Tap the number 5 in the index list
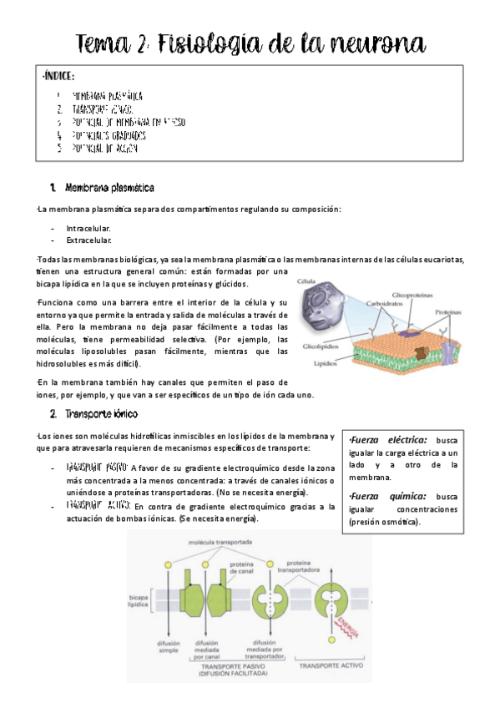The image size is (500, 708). coord(59,149)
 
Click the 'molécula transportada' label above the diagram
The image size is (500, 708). coord(221,543)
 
